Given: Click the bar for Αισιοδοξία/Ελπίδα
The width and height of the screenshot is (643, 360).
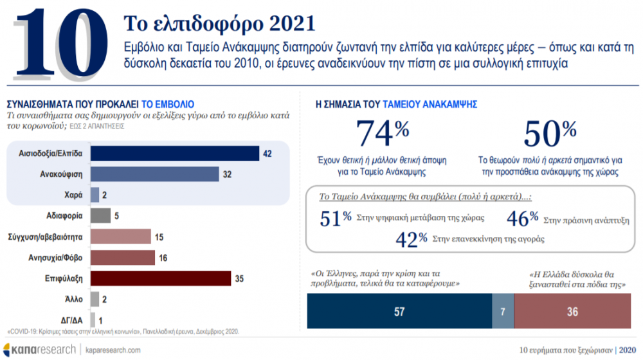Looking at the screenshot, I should pyautogui.click(x=174, y=153).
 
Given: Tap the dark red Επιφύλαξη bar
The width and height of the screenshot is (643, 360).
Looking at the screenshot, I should pyautogui.click(x=161, y=278).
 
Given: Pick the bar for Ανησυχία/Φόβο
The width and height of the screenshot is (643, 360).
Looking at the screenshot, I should pyautogui.click(x=123, y=258).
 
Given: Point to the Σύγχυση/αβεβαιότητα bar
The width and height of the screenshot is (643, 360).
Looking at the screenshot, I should pyautogui.click(x=120, y=237).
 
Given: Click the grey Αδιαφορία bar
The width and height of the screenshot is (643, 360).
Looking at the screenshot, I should pyautogui.click(x=100, y=215).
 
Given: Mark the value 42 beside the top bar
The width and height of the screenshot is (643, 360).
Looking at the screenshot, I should pyautogui.click(x=269, y=153).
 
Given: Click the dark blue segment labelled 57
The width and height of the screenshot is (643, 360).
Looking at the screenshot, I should pyautogui.click(x=399, y=312).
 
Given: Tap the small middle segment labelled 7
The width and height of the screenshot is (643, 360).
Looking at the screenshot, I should pyautogui.click(x=503, y=312).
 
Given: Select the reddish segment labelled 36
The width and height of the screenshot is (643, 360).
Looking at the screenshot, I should pyautogui.click(x=572, y=312).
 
